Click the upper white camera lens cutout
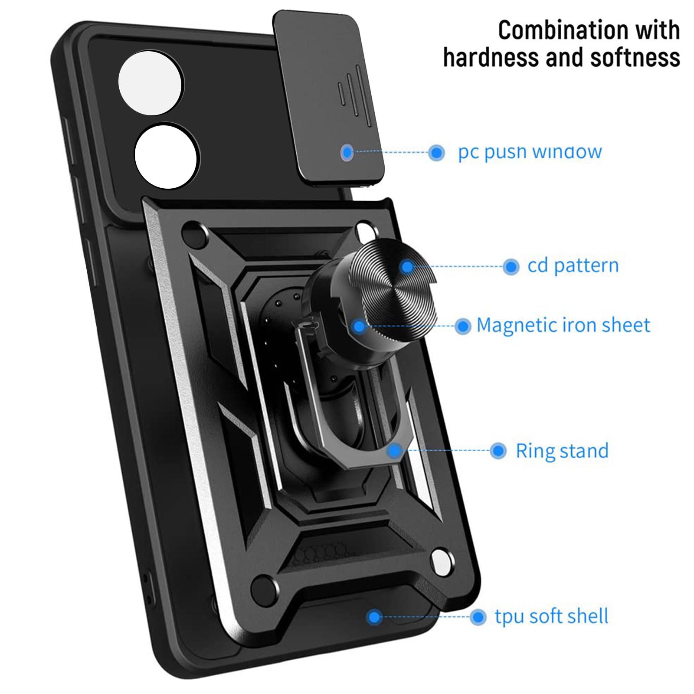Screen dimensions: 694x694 pos(151,83)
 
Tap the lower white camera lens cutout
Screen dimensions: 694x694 pos(167,157)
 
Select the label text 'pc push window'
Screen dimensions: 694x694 pos(530,152)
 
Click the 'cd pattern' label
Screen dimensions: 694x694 pos(573,266)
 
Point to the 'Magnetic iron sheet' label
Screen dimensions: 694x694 pos(563,325)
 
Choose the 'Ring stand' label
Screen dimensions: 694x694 pos(562,451)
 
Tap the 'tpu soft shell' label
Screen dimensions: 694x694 pos(551,616)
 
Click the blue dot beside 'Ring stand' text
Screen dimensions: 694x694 pos(498,451)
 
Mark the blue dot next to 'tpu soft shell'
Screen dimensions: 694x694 pos(478,617)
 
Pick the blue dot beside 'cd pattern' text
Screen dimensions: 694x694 pos(511,267)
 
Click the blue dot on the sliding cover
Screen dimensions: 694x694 pos(347,152)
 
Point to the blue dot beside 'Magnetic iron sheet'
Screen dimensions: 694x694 pos(463,326)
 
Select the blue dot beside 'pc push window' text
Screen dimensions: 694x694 pos(436,152)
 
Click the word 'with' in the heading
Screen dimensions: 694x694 pos(658,30)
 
